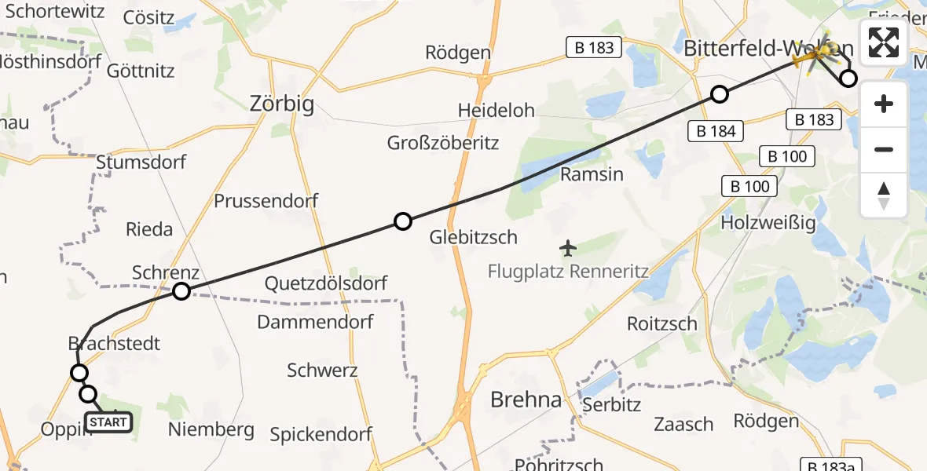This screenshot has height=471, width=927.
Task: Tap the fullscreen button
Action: point(884,42)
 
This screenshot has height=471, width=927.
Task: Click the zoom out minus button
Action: point(884,149)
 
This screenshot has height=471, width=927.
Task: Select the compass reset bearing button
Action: point(884,195)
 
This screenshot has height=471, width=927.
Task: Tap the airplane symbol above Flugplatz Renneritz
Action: point(568,249)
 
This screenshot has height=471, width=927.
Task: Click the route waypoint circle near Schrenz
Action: point(181,291)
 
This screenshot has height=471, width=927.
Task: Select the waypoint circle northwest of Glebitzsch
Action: point(402,221)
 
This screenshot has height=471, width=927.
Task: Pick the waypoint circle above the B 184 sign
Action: point(719,95)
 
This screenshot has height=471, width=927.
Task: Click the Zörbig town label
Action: point(281,103)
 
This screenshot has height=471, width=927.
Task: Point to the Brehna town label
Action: point(526,400)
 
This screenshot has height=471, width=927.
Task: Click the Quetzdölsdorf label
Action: point(325,283)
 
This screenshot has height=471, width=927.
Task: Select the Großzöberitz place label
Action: point(442,143)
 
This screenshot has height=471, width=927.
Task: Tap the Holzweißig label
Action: point(768,222)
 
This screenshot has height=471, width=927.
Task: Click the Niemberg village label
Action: point(211,429)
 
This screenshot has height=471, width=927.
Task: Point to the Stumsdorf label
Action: point(141,162)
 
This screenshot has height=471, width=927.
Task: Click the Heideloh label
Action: point(496,111)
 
